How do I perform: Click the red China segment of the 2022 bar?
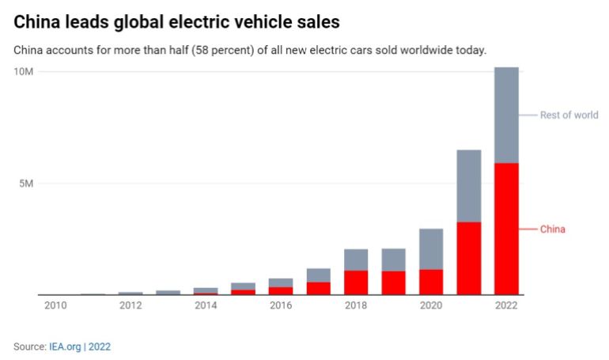pos(505,229)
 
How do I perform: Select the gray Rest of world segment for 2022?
pos(505,115)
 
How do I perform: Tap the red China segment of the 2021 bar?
pos(469,258)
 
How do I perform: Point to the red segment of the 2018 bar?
pos(356,282)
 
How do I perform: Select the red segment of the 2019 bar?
pos(393,282)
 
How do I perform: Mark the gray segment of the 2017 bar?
pos(319,275)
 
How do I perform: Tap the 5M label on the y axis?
pos(26,184)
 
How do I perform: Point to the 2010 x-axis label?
pos(55,305)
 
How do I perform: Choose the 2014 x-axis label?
pos(206,305)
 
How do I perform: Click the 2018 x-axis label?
pos(356,305)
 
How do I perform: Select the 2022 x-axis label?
pos(505,305)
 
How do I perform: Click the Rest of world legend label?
pos(569,115)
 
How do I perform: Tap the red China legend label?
pos(553,229)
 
